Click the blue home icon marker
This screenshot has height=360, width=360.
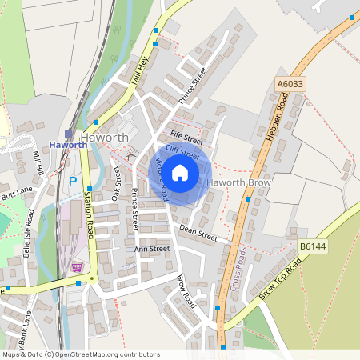pos(180,172)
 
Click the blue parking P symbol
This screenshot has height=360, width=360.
pos(73,182)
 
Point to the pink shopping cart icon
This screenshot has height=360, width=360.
pos(78,267)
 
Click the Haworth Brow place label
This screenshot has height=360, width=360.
pos(240,183)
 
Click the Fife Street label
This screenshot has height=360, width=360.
pos(186,137)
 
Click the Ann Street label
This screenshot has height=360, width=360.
pos(151,249)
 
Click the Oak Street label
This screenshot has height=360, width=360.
pos(117,182)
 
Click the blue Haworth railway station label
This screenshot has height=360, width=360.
pos(67,145)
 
